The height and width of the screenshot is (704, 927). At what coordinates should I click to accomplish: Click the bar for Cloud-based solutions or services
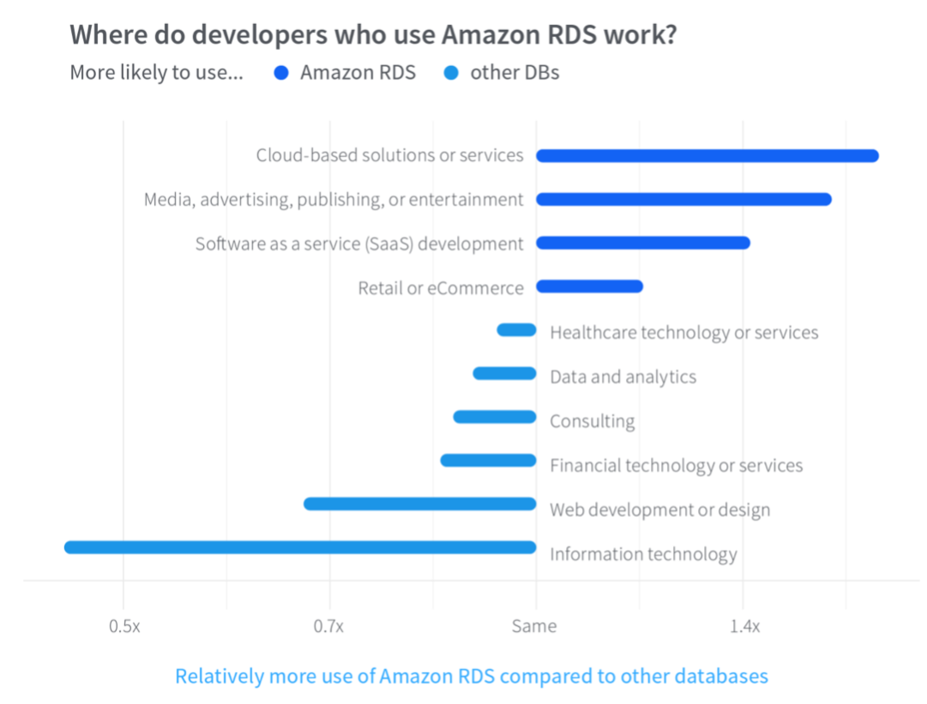click(707, 156)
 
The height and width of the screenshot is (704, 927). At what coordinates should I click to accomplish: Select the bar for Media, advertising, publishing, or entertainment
click(683, 200)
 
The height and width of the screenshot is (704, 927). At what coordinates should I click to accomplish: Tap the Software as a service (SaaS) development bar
click(643, 244)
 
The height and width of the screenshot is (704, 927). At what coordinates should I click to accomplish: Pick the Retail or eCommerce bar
click(589, 286)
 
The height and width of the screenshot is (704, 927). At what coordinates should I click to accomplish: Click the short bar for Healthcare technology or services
click(517, 330)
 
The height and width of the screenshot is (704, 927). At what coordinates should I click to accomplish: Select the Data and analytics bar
click(504, 374)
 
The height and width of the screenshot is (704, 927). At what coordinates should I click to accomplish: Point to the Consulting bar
click(495, 418)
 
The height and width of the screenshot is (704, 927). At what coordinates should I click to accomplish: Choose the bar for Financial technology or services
click(488, 461)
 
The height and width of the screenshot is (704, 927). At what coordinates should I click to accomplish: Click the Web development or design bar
click(420, 504)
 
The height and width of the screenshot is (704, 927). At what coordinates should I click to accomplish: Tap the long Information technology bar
click(300, 547)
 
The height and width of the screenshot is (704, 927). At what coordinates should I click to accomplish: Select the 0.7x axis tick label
click(328, 627)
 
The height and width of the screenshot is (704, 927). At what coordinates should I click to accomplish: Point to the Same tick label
click(534, 627)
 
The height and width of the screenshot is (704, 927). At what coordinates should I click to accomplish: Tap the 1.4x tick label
click(744, 627)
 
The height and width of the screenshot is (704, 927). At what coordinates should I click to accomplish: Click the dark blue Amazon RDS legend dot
click(280, 74)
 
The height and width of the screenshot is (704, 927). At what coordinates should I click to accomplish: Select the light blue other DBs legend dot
click(450, 74)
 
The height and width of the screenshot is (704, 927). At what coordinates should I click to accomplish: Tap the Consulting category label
click(592, 422)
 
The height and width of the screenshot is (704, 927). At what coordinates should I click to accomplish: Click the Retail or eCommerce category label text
click(440, 288)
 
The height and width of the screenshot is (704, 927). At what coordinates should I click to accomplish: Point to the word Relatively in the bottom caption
click(219, 677)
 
